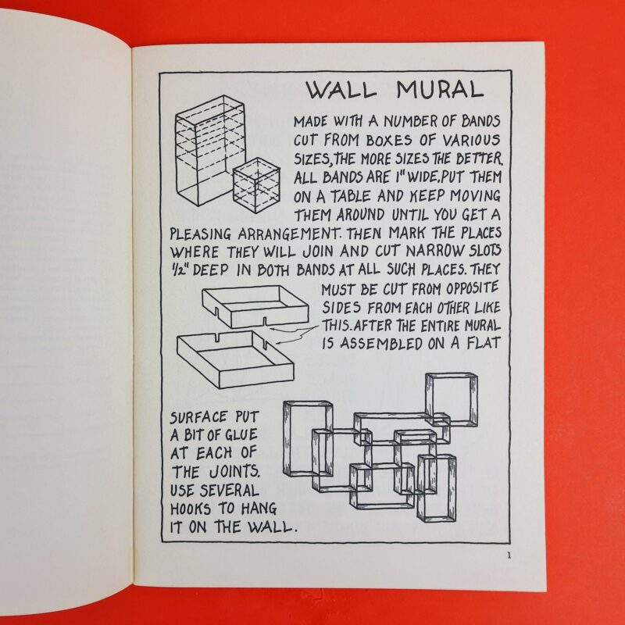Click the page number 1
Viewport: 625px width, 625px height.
[509, 555]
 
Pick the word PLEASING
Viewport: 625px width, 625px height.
[201, 234]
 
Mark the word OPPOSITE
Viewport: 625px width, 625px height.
[473, 288]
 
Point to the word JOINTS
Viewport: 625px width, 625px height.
[235, 472]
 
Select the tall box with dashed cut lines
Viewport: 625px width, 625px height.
[209, 150]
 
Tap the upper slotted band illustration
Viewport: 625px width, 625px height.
[255, 307]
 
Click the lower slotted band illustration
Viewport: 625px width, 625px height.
[236, 359]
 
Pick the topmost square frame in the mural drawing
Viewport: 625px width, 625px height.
[452, 400]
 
